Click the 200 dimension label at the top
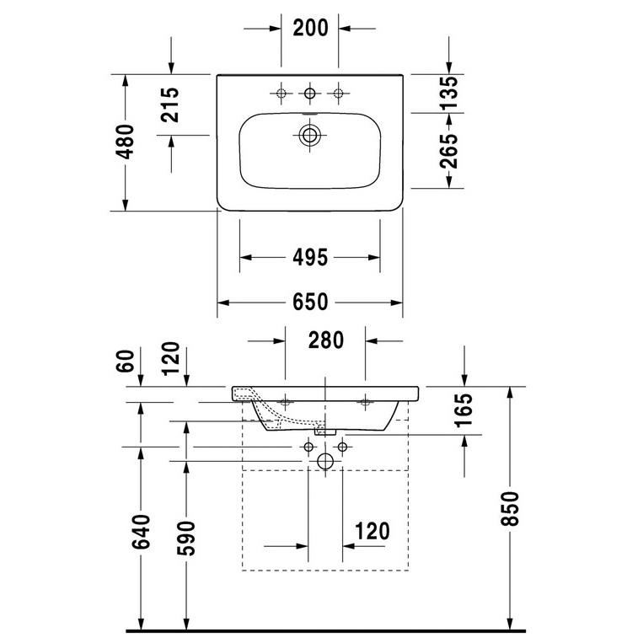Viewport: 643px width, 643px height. click(310, 28)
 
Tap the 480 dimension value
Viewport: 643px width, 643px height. click(125, 142)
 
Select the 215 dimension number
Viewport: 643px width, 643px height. click(169, 104)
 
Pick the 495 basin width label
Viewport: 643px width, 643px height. click(310, 258)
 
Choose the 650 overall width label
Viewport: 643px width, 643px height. click(310, 303)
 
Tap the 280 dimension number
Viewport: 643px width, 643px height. click(325, 340)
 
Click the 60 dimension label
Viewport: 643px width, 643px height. click(125, 361)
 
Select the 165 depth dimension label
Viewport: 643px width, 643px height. click(463, 410)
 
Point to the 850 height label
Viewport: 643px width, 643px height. click(510, 508)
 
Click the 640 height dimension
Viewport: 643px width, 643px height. click(141, 532)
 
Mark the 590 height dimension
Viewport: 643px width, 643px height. click(185, 538)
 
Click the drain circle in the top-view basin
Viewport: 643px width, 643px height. click(309, 135)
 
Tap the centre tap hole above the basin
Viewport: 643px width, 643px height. click(309, 94)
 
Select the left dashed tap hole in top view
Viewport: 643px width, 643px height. click(281, 94)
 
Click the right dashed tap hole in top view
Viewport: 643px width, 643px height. click(338, 94)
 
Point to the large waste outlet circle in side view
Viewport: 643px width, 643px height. click(325, 461)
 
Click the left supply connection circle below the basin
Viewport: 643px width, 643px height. click(308, 447)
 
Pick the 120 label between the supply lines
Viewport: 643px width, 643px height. click(372, 531)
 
